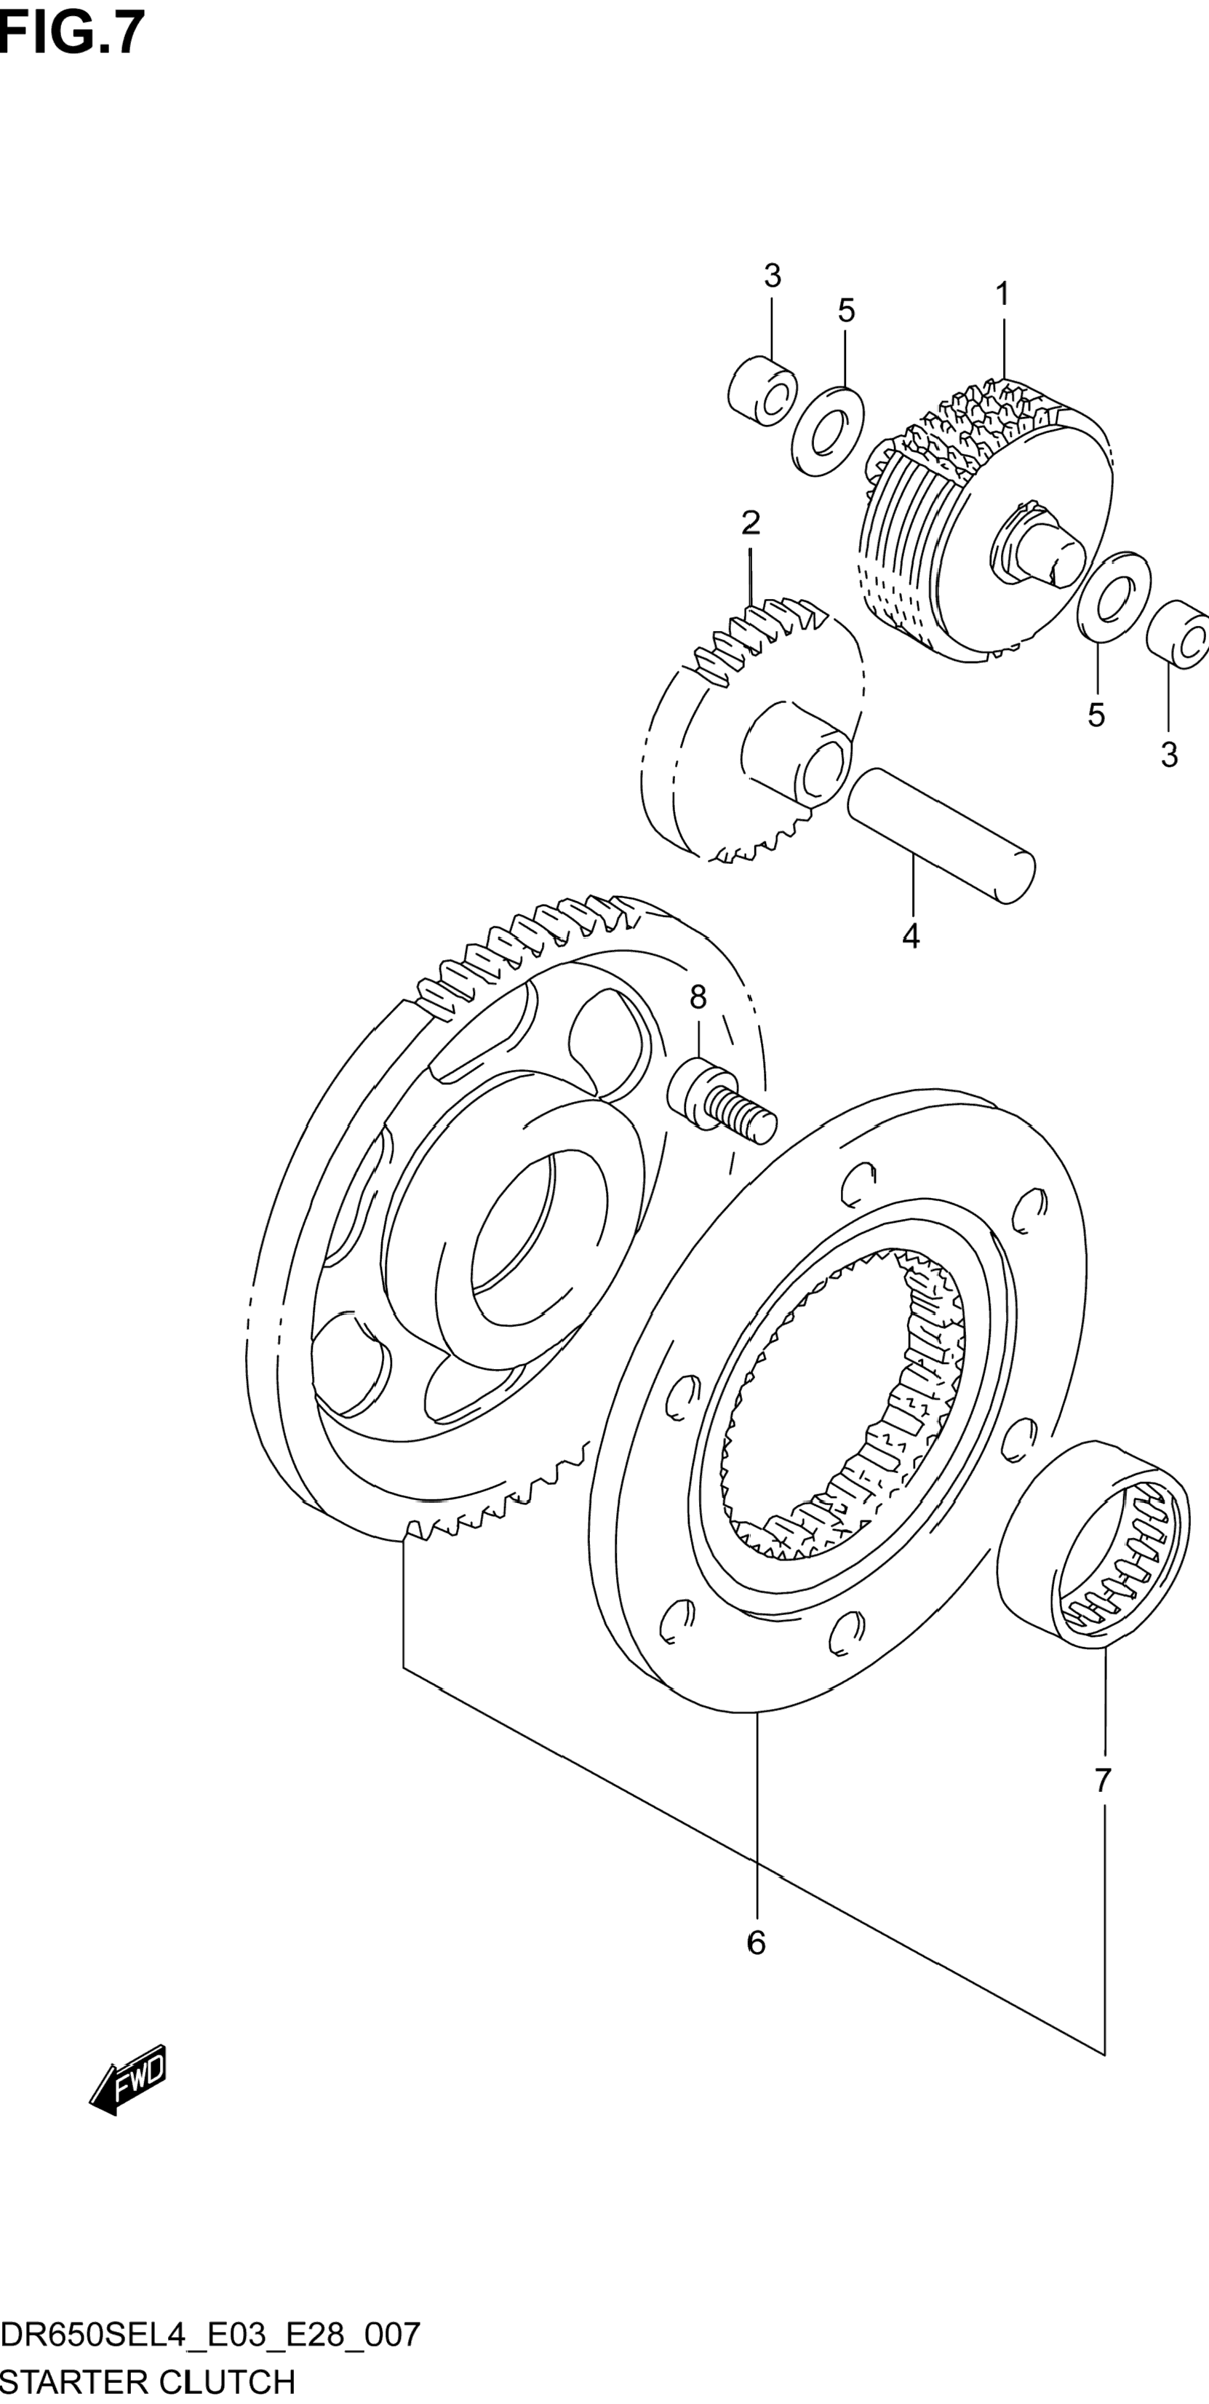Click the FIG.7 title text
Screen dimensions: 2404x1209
(73, 33)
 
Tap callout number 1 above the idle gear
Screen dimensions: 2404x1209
(1002, 294)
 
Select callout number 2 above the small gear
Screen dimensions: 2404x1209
(751, 523)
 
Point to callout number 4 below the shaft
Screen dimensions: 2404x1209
(911, 935)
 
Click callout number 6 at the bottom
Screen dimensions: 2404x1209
(756, 1942)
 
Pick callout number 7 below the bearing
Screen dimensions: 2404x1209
(1103, 1780)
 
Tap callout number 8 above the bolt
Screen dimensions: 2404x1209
(698, 998)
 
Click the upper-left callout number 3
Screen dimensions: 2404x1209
(772, 277)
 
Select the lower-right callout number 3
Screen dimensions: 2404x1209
(1170, 755)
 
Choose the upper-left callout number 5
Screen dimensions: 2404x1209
(845, 311)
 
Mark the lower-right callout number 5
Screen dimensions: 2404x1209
(1096, 715)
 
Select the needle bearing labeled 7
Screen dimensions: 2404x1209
(1093, 1544)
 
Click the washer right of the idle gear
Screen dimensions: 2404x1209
(1113, 598)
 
